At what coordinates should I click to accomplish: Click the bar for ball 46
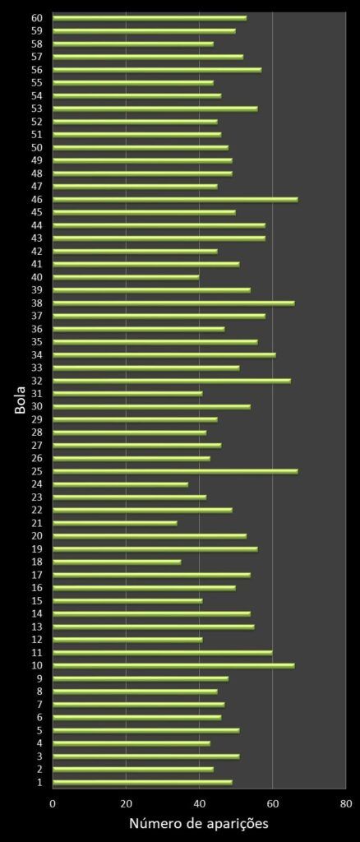175,199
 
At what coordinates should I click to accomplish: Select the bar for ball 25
175,471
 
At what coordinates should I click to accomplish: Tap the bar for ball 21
115,523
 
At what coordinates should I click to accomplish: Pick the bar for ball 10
173,665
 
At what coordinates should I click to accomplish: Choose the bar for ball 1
142,782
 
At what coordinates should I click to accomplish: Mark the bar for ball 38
173,303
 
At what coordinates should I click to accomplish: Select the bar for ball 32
172,381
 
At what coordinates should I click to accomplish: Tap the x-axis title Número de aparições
198,823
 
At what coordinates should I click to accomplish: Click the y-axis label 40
37,277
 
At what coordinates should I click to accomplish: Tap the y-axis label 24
37,484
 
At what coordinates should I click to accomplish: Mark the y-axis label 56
37,70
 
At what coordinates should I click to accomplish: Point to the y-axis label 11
37,653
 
